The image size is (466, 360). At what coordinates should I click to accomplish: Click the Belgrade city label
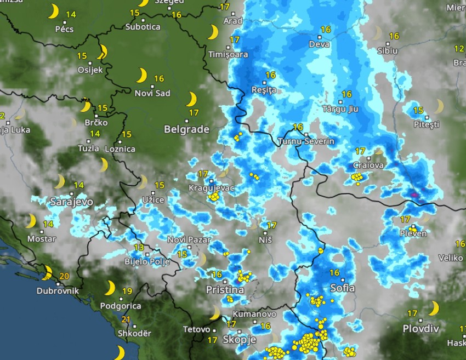187,129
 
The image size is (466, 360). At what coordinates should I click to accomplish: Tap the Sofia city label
342,288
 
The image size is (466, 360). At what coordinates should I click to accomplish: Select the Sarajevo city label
71,202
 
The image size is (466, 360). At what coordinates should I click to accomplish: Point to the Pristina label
225,289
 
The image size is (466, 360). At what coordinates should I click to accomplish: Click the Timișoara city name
228,54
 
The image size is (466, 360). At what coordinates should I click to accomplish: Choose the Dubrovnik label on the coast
58,291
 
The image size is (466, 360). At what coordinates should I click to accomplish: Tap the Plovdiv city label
420,328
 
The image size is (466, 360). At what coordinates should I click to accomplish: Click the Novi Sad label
152,93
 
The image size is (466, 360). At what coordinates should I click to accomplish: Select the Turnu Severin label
306,141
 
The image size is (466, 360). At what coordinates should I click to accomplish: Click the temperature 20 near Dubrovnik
64,276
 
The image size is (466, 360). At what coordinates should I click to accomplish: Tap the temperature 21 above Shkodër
126,320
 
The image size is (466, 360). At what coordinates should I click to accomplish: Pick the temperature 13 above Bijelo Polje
139,248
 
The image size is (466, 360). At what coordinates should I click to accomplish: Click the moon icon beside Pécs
53,11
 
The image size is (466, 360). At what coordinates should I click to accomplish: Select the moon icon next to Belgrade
191,99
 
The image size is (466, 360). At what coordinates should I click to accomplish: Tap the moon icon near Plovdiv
434,308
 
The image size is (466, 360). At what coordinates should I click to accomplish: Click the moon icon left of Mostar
31,221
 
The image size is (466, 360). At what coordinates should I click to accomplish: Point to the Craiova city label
367,165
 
